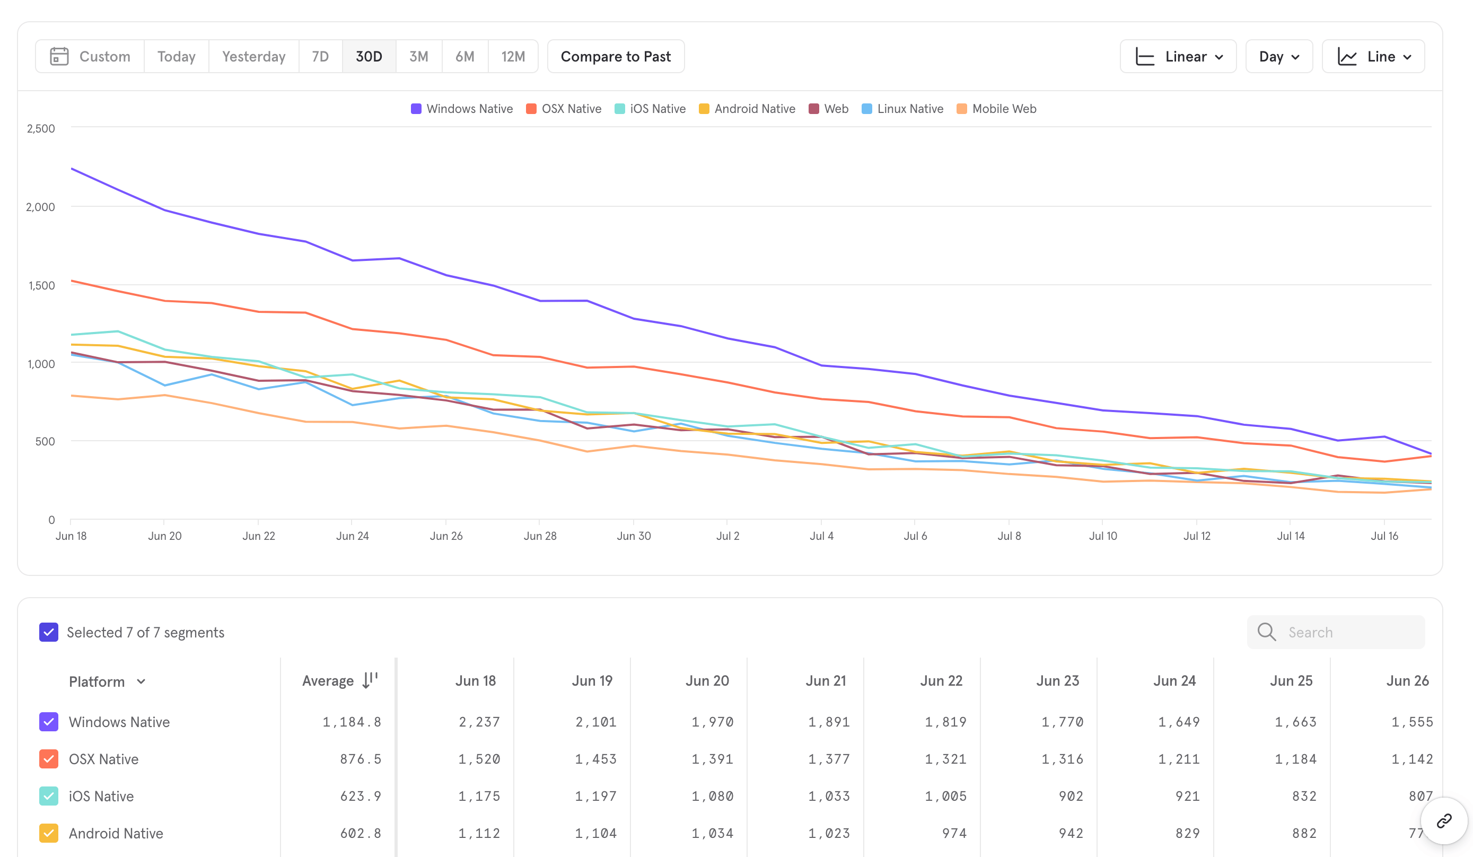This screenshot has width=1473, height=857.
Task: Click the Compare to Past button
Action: [x=616, y=57]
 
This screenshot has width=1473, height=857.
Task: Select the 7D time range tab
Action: [x=320, y=57]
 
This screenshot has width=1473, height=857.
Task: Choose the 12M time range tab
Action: [x=513, y=57]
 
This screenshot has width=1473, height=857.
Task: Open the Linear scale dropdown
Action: [x=1178, y=57]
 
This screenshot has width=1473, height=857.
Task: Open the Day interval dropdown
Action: [x=1279, y=57]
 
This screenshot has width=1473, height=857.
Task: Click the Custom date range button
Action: [x=90, y=57]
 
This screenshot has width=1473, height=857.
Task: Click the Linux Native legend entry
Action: [x=902, y=109]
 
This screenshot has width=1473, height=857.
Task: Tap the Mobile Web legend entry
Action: [x=997, y=109]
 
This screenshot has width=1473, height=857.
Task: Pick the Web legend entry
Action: [x=828, y=109]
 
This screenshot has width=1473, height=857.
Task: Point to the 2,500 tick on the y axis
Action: [x=41, y=129]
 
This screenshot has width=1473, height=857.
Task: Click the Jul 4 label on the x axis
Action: [x=821, y=536]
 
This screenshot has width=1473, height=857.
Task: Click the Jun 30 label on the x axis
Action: [x=634, y=536]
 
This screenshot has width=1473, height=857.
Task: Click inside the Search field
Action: [x=1336, y=632]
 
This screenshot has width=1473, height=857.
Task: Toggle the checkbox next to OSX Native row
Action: [x=48, y=759]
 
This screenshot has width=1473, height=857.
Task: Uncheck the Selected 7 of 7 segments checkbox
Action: [x=48, y=632]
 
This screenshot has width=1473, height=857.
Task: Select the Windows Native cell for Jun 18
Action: [x=479, y=722]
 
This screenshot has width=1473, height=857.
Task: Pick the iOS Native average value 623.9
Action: [x=361, y=796]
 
